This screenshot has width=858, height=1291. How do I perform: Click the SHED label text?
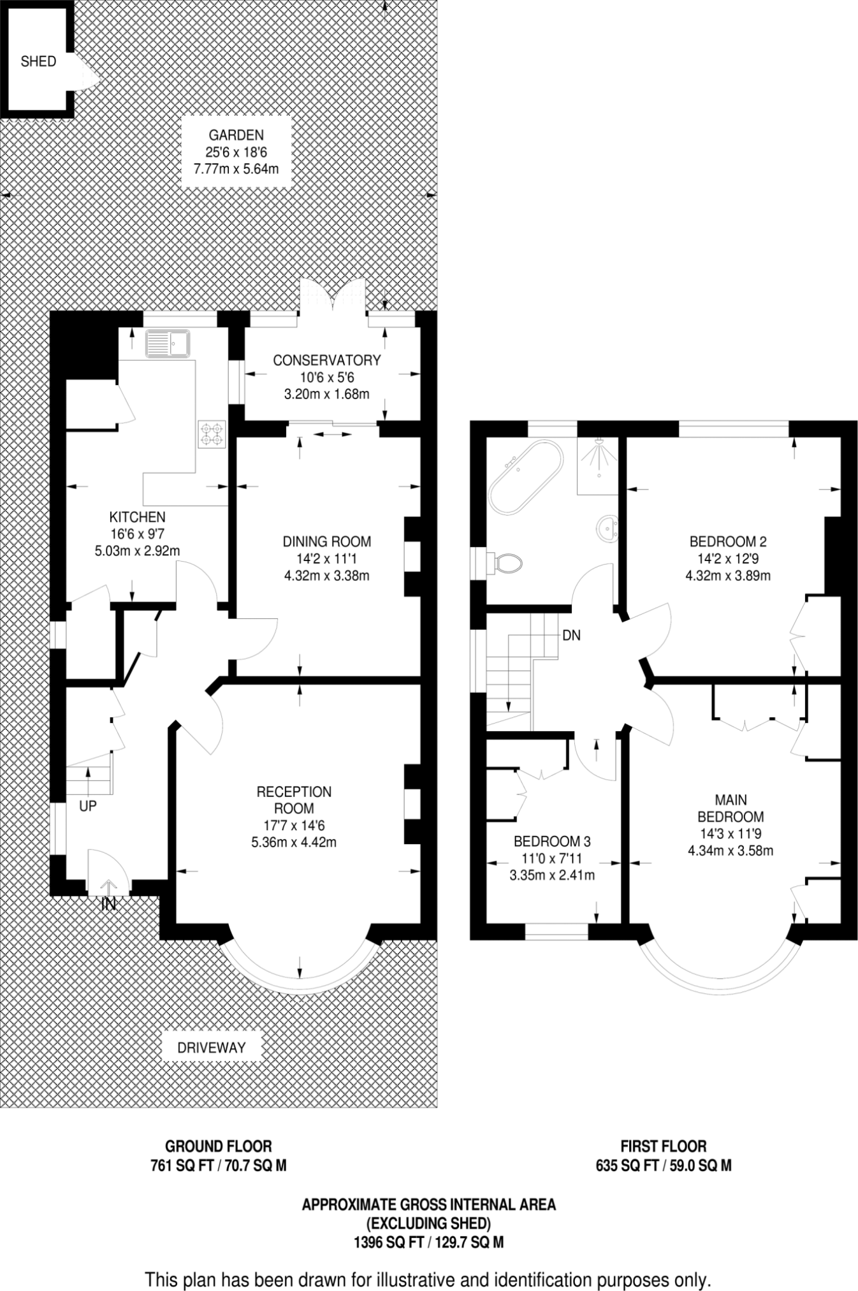pyautogui.click(x=38, y=62)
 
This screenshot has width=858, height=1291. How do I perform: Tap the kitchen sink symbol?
pyautogui.click(x=167, y=343)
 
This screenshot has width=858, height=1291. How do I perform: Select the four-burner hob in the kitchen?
pyautogui.click(x=212, y=434)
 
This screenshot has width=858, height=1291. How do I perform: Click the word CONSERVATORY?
pyautogui.click(x=326, y=360)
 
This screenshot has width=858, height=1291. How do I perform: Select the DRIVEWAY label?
pyautogui.click(x=212, y=1047)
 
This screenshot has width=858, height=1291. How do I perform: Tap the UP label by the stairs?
pyautogui.click(x=88, y=806)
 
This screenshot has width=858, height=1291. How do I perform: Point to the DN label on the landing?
pyautogui.click(x=572, y=636)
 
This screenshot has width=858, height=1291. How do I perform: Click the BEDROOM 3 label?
pyautogui.click(x=552, y=841)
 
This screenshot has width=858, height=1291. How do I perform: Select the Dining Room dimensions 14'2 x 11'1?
pyautogui.click(x=326, y=559)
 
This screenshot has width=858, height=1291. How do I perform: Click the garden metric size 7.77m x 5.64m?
pyautogui.click(x=236, y=170)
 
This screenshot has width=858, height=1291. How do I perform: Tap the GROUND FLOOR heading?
pyautogui.click(x=218, y=1146)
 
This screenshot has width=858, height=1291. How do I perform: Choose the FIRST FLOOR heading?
pyautogui.click(x=664, y=1146)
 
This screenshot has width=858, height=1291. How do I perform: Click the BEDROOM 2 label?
pyautogui.click(x=728, y=542)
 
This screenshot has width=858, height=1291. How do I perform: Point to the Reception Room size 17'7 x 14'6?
pyautogui.click(x=294, y=825)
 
